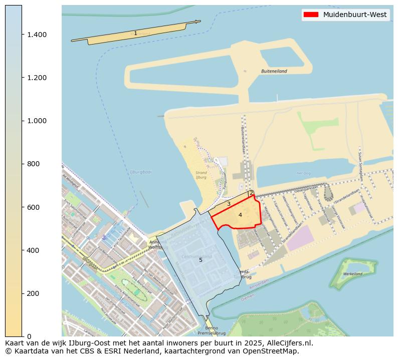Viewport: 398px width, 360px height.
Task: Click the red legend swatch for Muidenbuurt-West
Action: [x=311, y=15]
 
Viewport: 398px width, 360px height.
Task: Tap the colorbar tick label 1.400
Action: [x=37, y=35]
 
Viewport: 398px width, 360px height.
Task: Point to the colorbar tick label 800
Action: [x=33, y=164]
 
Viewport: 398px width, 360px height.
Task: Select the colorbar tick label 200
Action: [x=33, y=293]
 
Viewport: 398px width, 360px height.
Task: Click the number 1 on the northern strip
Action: [x=135, y=34]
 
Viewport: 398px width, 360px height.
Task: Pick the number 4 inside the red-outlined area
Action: [x=240, y=215]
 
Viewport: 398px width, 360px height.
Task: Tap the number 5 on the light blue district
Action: [x=201, y=260]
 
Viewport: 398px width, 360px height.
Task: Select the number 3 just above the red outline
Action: [x=229, y=204]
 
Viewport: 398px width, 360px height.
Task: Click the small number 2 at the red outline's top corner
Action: [x=252, y=193]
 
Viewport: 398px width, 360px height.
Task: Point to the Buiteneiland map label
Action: [x=274, y=71]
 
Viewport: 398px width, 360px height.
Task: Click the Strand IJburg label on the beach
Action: [x=201, y=175]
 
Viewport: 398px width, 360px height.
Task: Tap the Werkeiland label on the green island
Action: [x=353, y=274]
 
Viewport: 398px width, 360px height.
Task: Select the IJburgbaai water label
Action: [x=140, y=172]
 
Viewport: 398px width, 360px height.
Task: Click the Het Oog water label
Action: [x=304, y=173]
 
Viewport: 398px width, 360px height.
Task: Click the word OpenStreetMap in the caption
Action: [x=274, y=351]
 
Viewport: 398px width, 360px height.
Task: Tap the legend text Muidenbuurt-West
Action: [x=355, y=15]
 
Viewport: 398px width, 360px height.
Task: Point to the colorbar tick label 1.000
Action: [x=37, y=121]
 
